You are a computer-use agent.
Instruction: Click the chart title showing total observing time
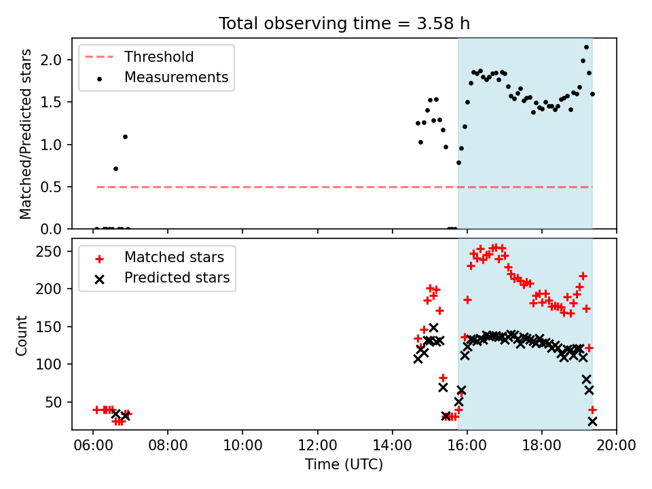(x=344, y=24)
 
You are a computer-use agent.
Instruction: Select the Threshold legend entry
(x=139, y=56)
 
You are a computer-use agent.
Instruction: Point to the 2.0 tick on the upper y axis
(x=51, y=60)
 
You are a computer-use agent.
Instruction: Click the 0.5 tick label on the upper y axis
(x=51, y=187)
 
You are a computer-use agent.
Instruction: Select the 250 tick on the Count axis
(x=49, y=251)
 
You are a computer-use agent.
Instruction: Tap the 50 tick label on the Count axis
(x=53, y=402)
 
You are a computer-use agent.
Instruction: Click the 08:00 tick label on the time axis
(x=168, y=446)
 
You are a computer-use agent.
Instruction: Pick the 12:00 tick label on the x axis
(x=318, y=446)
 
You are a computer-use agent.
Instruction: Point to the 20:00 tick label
(x=616, y=446)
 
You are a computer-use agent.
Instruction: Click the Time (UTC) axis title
(x=344, y=464)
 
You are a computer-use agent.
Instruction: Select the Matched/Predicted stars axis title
(x=26, y=134)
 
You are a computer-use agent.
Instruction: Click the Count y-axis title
(x=22, y=336)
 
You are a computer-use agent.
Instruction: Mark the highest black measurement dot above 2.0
(x=586, y=48)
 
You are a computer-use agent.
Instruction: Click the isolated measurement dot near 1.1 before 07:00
(x=125, y=137)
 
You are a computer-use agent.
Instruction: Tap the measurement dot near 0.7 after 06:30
(x=115, y=169)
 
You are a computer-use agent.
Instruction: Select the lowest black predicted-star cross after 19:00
(x=592, y=422)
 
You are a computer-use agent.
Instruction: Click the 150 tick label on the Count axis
(x=49, y=327)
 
